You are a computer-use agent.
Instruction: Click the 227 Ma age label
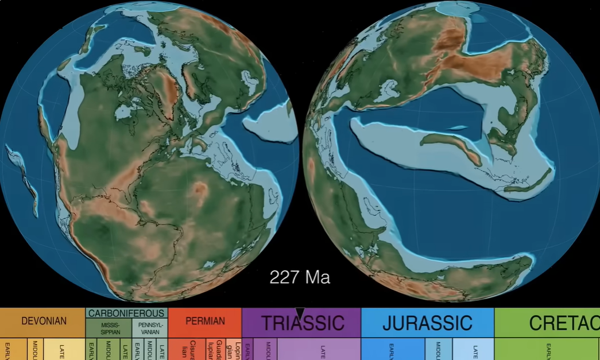point(300,278)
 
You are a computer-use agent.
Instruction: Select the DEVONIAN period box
point(44,322)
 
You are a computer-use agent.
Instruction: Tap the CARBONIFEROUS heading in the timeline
point(126,313)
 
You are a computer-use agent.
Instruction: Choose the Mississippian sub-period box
point(110,328)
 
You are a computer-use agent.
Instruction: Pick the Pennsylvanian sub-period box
point(150,328)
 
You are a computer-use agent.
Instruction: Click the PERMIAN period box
point(205,322)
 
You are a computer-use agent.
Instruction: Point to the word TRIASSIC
point(302,323)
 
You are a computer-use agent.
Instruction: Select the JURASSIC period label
point(427,323)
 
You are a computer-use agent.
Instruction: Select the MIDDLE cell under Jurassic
point(439,349)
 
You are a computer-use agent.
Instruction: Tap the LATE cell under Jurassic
point(474,349)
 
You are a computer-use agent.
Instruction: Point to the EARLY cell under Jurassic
point(393,349)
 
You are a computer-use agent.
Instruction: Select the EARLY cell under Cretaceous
point(548,349)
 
